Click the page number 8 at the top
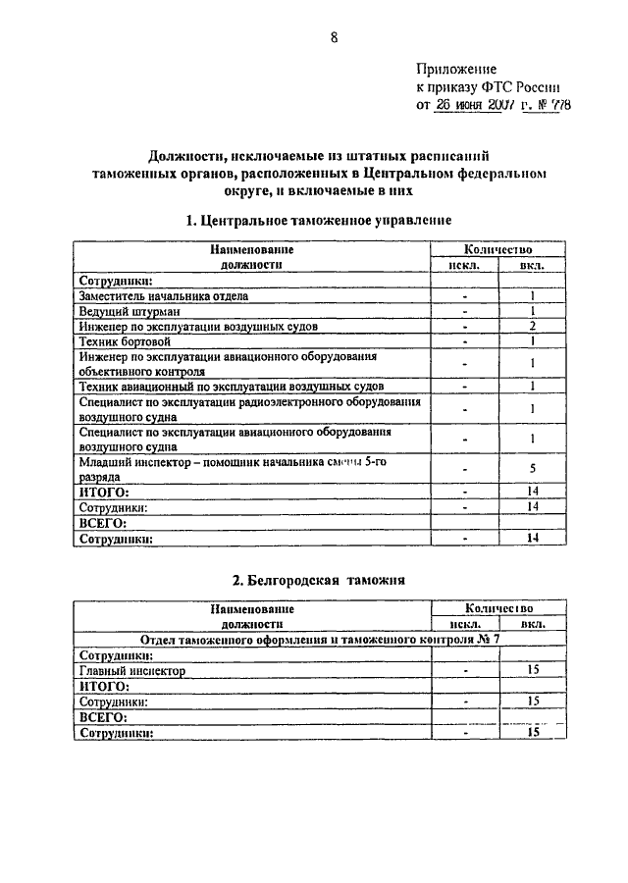pos(334,38)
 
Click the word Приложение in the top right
pos(456,70)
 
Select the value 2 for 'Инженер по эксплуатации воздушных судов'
pos(531,326)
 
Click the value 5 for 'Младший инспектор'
pos(531,468)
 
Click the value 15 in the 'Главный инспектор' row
pos(534,671)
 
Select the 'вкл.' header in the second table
pos(534,624)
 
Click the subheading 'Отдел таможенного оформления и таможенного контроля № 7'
pos(319,639)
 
